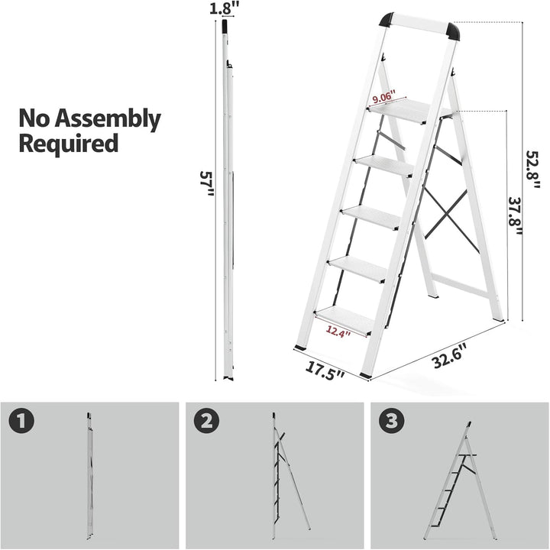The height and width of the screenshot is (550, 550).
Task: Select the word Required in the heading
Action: (x=69, y=144)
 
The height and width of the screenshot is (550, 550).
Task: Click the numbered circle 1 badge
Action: (x=23, y=420)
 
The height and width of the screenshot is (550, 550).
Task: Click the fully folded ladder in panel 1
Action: (x=89, y=474)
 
